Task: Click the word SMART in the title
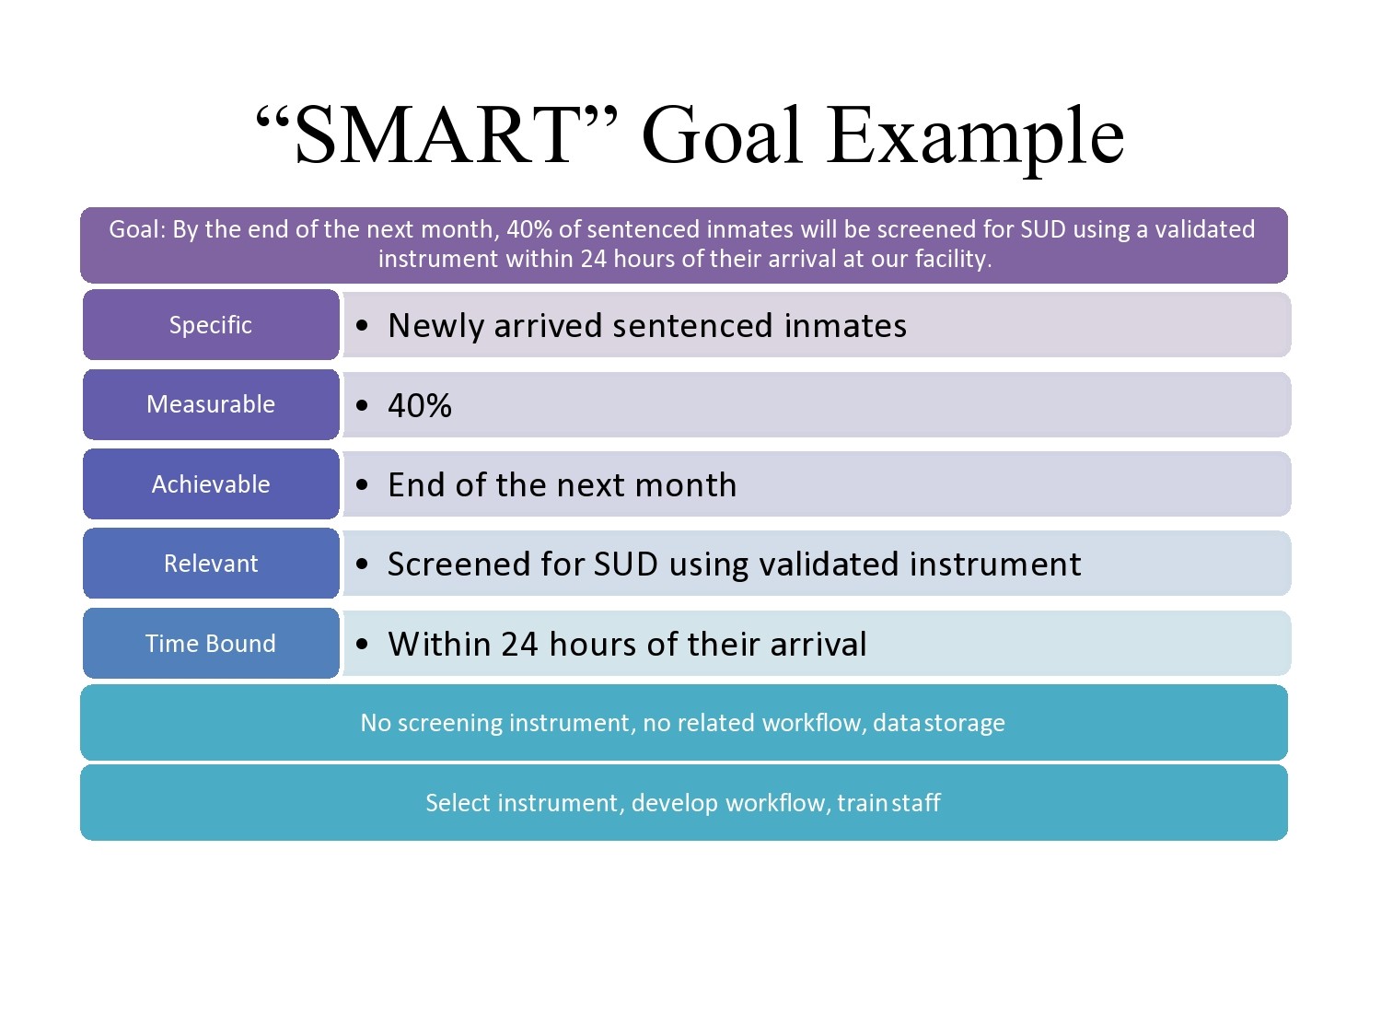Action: [434, 134]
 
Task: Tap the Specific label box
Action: [211, 324]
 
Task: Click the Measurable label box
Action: [211, 404]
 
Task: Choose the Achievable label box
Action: [211, 483]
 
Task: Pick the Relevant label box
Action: [211, 563]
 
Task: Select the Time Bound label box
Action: [211, 643]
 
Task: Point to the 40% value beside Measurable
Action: [420, 405]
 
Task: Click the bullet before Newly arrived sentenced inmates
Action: [362, 325]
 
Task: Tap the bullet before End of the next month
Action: [362, 484]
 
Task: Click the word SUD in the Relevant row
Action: [626, 564]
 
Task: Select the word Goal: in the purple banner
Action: [137, 229]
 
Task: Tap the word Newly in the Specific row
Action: [435, 327]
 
